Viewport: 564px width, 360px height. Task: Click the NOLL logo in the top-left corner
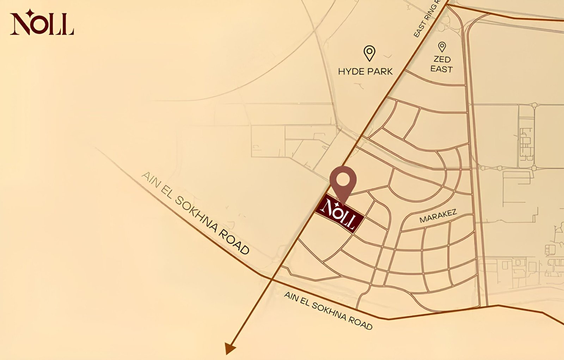pyautogui.click(x=42, y=24)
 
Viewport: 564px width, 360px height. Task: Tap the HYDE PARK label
pyautogui.click(x=365, y=72)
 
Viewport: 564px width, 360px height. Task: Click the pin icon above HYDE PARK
pyautogui.click(x=369, y=53)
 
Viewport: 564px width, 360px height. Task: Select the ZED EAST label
pyautogui.click(x=441, y=64)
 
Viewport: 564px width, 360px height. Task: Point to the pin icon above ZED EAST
pyautogui.click(x=442, y=46)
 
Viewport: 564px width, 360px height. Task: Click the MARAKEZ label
pyautogui.click(x=438, y=216)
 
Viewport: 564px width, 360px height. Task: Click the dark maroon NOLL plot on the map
pyautogui.click(x=339, y=213)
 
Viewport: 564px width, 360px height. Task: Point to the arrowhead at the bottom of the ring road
pyautogui.click(x=230, y=348)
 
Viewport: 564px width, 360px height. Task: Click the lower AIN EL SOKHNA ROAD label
pyautogui.click(x=328, y=311)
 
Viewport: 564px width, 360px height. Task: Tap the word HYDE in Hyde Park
pyautogui.click(x=350, y=72)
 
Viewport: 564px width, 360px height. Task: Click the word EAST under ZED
pyautogui.click(x=441, y=69)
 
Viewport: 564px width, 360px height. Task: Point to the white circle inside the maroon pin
pyautogui.click(x=343, y=180)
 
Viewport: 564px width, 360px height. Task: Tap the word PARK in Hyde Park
pyautogui.click(x=380, y=72)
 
